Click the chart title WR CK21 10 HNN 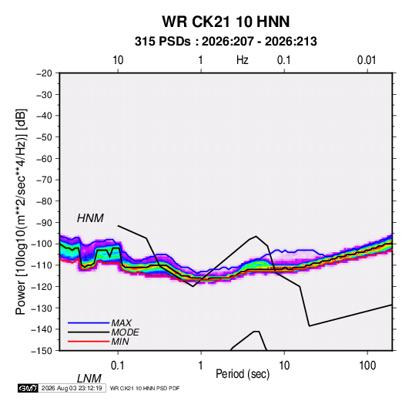226,22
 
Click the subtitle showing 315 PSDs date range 226,42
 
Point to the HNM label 90,218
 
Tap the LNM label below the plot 89,379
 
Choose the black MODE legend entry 103,332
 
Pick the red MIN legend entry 99,342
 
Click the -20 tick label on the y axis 44,73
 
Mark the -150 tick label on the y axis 42,351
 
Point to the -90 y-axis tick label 44,222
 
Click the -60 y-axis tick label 44,158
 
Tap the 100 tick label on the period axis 367,366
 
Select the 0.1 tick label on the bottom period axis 118,366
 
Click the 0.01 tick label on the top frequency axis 367,60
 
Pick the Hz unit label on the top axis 243,60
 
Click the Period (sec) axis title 243,374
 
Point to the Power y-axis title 21,211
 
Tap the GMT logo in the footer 28,388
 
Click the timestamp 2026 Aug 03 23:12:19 72,388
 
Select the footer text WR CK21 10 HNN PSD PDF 145,388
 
